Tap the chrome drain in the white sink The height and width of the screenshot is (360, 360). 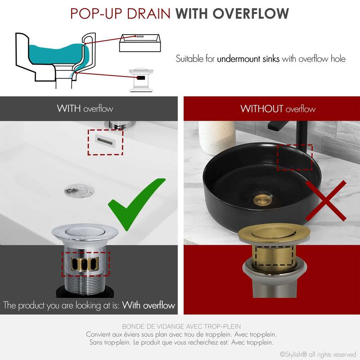[x=79, y=190]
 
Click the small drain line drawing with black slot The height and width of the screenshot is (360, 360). [x=142, y=80]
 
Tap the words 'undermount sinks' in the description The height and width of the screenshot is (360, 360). [x=248, y=59]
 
